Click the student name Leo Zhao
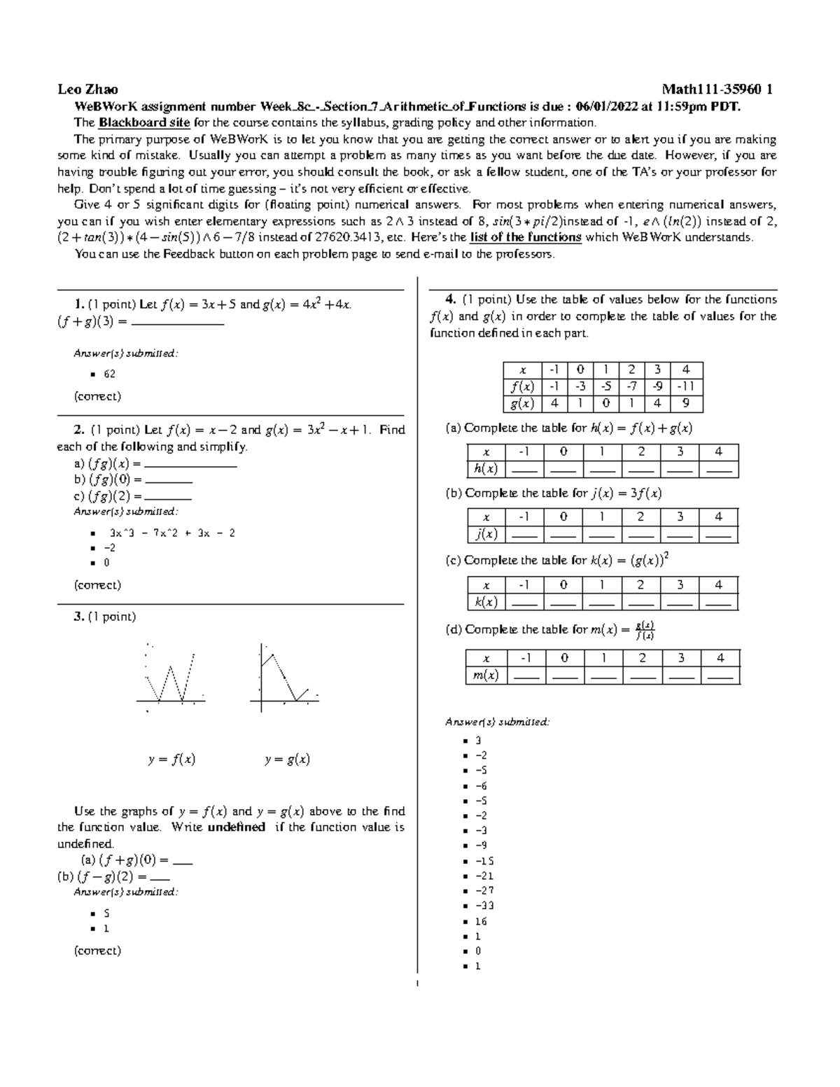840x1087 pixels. coord(87,90)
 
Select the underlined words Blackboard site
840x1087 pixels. coord(144,123)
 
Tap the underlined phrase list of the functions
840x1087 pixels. coord(526,237)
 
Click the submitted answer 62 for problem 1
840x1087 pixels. coord(109,374)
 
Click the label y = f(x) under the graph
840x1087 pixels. coord(171,759)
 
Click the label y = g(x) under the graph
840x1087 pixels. coord(287,759)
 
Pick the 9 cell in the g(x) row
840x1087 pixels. coord(686,404)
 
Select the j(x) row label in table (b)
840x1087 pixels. coord(486,534)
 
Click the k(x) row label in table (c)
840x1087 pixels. coord(486,602)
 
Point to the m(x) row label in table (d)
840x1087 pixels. coord(486,675)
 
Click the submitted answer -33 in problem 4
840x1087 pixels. coord(484,906)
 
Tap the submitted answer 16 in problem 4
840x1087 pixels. coord(481,921)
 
